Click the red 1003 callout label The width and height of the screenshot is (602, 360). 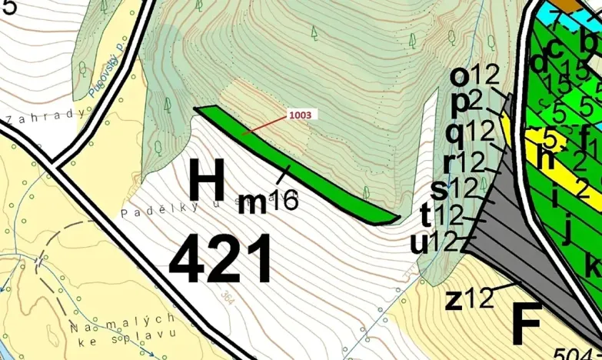tap(301, 114)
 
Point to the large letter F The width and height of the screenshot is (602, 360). tap(527, 324)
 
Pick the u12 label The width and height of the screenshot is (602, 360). tap(434, 243)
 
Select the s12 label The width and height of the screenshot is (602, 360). tap(454, 187)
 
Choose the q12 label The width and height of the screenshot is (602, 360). tap(469, 132)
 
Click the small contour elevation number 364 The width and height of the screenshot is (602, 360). tap(227, 298)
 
